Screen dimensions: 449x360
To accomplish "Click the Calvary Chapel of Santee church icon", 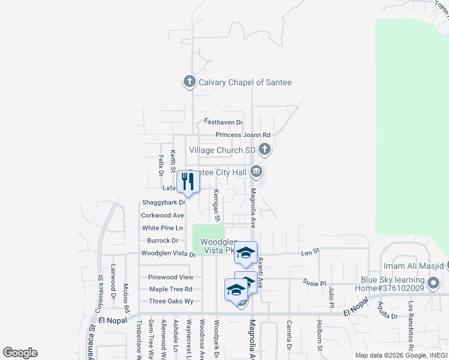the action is [190, 82].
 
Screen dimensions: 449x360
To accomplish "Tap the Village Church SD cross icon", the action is [264, 149].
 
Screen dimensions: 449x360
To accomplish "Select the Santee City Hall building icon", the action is [256, 173].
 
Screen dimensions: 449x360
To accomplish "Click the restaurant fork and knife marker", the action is [188, 182].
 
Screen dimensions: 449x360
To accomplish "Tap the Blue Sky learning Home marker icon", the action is [433, 281].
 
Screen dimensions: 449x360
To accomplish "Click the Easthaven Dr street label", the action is [223, 121].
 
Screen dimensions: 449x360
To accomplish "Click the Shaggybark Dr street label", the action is [164, 203].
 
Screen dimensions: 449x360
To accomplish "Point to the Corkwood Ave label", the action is [162, 215].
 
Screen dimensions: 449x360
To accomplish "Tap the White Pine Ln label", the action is [162, 228].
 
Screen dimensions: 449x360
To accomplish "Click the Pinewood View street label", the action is [171, 277].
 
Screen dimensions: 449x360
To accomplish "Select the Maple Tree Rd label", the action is [171, 289].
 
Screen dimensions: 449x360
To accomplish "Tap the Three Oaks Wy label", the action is [171, 301].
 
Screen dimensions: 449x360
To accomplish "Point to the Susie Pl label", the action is [314, 282].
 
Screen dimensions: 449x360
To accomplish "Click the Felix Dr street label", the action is [161, 165].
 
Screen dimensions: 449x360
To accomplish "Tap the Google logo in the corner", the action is [20, 353].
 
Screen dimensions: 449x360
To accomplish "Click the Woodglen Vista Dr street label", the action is [168, 254].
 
